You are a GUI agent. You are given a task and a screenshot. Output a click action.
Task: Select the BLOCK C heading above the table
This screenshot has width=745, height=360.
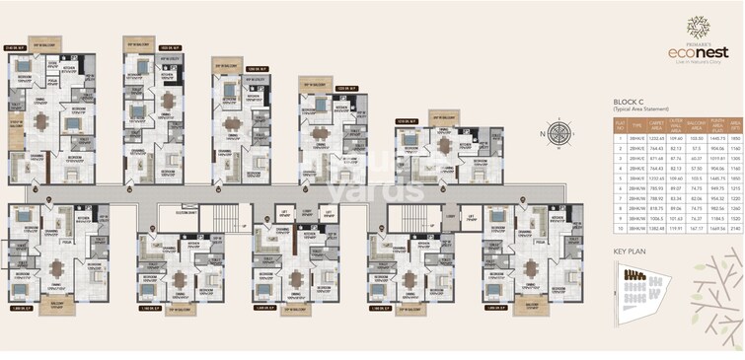pyautogui.click(x=628, y=101)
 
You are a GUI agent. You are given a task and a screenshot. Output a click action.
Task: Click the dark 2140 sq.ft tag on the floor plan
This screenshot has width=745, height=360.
pyautogui.click(x=15, y=46)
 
